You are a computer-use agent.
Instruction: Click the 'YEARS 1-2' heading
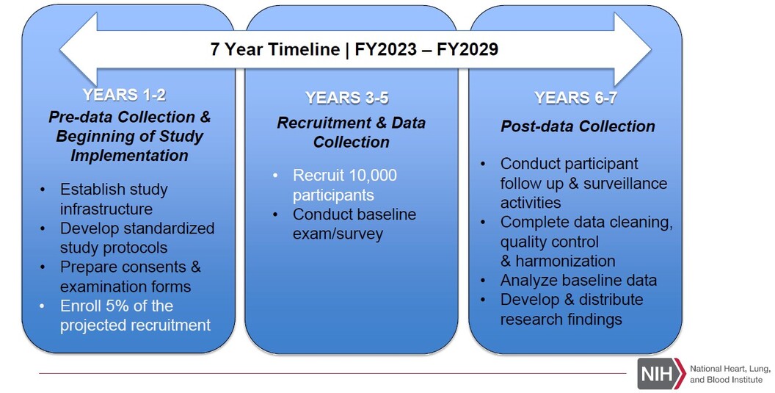point(124,95)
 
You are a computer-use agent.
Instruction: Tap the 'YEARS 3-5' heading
point(346,98)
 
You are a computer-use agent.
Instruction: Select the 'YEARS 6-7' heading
point(575,98)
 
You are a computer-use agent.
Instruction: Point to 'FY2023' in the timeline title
point(385,49)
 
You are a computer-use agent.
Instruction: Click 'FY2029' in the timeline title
point(467,49)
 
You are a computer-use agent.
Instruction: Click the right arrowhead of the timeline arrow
point(633,49)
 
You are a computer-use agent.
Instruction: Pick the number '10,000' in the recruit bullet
point(373,176)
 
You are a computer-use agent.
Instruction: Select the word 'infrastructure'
point(106,209)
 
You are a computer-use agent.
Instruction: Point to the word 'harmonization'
point(565,261)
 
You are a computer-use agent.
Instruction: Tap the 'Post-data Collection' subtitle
point(578,126)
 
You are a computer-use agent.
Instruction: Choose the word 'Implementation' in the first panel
point(129,156)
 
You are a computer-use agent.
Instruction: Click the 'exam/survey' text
point(338,234)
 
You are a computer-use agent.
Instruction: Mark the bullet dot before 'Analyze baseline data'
point(483,281)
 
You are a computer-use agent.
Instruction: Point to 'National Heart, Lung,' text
point(730,369)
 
